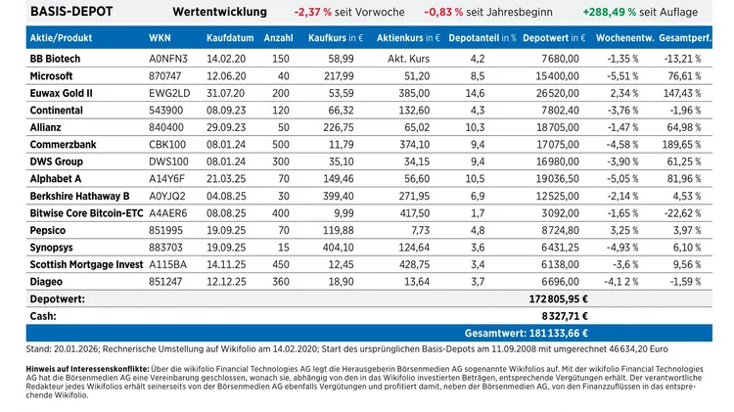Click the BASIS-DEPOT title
coord(70,12)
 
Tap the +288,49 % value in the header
coord(606,13)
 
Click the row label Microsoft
coord(52,74)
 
